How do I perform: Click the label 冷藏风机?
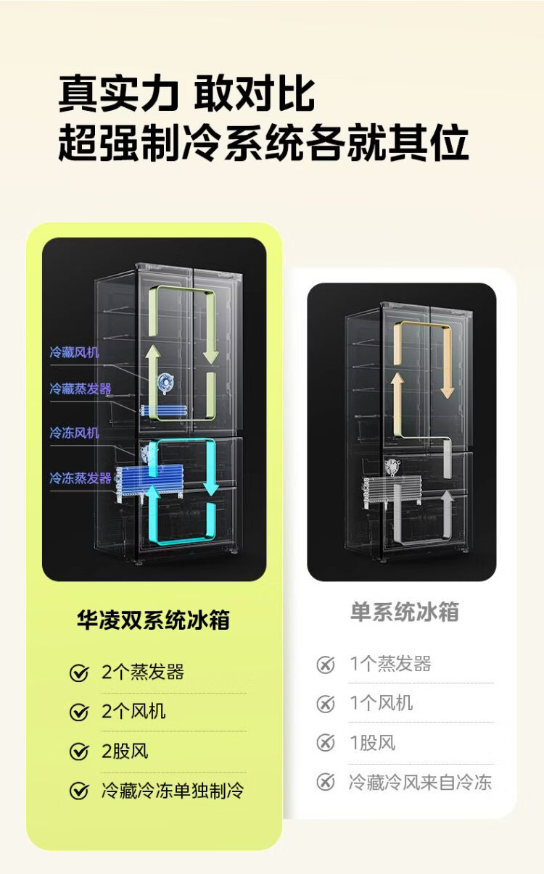coord(74,352)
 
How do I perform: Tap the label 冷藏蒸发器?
coord(81,388)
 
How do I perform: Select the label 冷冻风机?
coord(74,433)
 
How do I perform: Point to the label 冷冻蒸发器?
coord(81,478)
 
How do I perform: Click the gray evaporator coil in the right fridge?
coord(392,491)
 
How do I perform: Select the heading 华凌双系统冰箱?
coord(153,620)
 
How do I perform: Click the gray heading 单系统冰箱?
coord(405,612)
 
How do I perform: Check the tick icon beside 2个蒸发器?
coord(79,673)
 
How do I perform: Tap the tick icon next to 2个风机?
coord(79,712)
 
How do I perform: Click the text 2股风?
coord(125,751)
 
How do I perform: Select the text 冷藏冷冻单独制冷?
coord(173,791)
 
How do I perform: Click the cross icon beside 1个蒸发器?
coord(326,665)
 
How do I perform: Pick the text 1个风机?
coord(381,703)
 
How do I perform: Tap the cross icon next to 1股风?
coord(326,743)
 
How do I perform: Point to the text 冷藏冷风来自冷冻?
coord(420,782)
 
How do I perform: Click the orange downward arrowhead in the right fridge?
coord(447,392)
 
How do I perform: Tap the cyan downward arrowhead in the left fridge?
coord(211,488)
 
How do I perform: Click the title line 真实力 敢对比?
coord(186,94)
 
